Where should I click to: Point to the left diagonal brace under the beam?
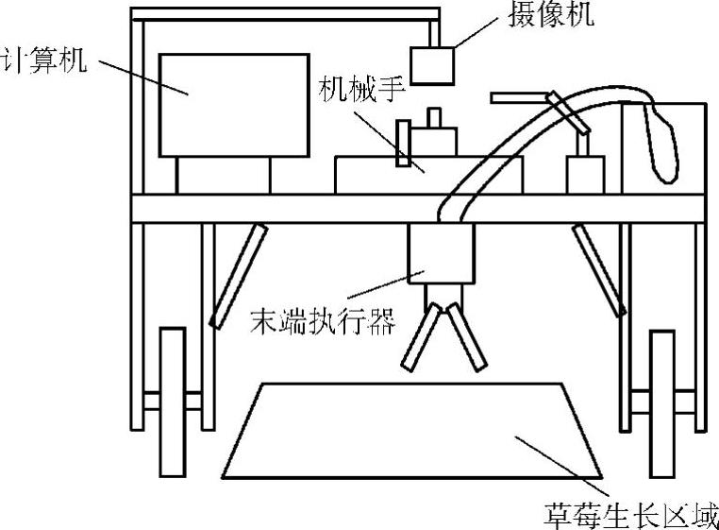tap(236, 275)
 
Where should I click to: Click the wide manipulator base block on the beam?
tap(396, 177)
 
